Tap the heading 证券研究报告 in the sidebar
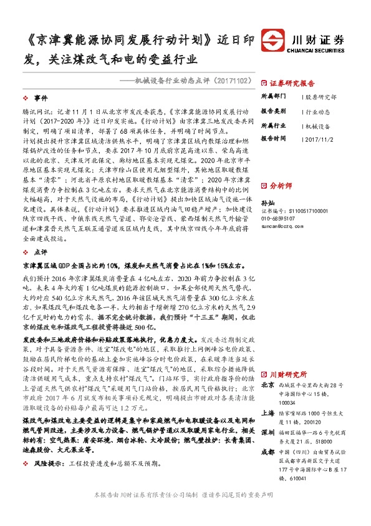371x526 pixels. [292, 82]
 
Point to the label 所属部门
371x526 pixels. [273, 97]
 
